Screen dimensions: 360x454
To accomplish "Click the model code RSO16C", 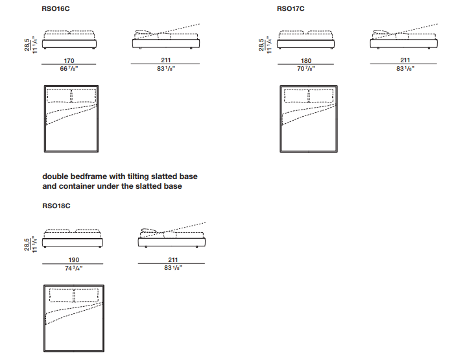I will (x=56, y=9).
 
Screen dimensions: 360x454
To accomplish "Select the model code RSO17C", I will (x=291, y=9).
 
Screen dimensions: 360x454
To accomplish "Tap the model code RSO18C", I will (x=56, y=206).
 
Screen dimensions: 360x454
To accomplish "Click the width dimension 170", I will (x=69, y=60).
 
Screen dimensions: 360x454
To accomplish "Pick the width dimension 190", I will (x=73, y=259).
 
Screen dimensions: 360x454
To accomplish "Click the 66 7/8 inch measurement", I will (x=69, y=69).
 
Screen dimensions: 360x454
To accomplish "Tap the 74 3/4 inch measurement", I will (x=73, y=268).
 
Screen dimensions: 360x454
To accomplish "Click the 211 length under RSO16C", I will (x=165, y=60).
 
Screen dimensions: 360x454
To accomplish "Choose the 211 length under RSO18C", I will (x=172, y=259).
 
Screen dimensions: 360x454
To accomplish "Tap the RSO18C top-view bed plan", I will (x=73, y=318).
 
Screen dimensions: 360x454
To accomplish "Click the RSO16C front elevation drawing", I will (x=70, y=40).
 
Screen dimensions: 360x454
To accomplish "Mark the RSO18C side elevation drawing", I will (x=172, y=237).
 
